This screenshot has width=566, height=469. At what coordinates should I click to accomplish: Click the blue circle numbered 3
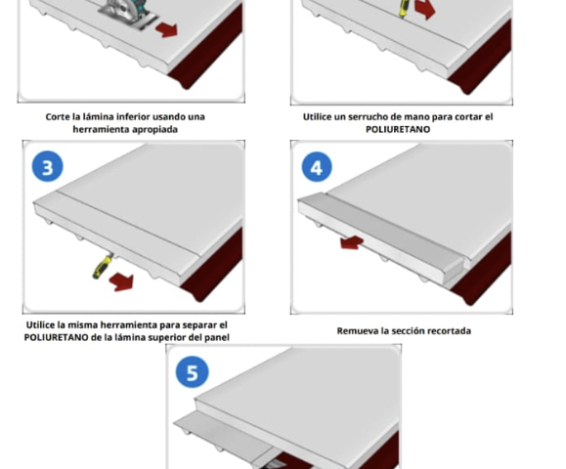[48, 166]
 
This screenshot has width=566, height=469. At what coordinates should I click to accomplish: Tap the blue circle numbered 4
[317, 167]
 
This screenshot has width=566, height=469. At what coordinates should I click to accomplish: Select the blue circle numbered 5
[192, 371]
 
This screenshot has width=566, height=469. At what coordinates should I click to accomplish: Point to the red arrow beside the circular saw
[167, 29]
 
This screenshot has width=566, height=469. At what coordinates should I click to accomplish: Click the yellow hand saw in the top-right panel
[403, 8]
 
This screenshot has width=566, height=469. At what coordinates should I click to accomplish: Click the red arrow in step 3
[121, 282]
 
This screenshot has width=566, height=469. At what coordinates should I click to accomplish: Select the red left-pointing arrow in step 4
[352, 242]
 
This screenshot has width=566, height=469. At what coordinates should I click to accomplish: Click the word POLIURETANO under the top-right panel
[398, 130]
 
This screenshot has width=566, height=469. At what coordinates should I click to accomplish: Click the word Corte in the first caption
[58, 117]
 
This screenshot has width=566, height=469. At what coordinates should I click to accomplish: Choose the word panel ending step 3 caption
[217, 338]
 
